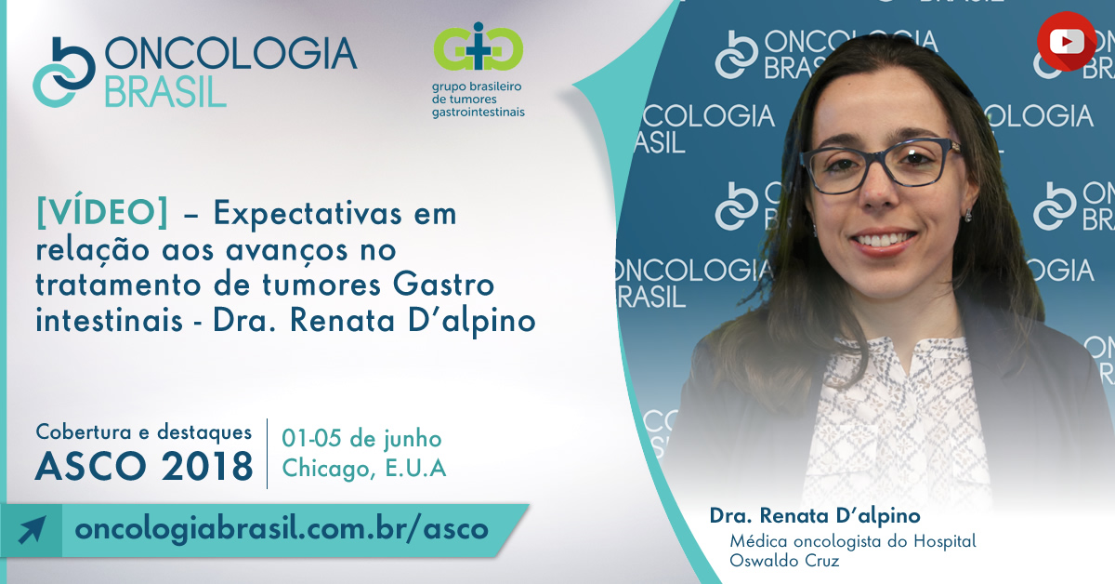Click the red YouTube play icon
tap(1067, 41)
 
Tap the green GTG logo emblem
tap(478, 46)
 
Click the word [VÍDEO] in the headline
tap(102, 213)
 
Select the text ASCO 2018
tap(144, 467)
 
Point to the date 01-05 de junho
tap(361, 439)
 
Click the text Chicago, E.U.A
tap(364, 469)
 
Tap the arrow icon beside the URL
tap(32, 530)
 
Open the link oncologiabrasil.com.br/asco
tap(282, 529)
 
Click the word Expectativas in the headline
tap(308, 214)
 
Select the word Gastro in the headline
tap(443, 284)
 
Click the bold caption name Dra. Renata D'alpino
tap(815, 516)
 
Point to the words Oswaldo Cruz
tap(784, 561)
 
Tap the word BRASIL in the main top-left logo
tap(165, 92)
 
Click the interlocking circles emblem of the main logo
tap(64, 73)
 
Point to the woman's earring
tap(968, 216)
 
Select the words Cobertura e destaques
tap(144, 432)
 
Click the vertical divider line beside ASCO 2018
tap(268, 454)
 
